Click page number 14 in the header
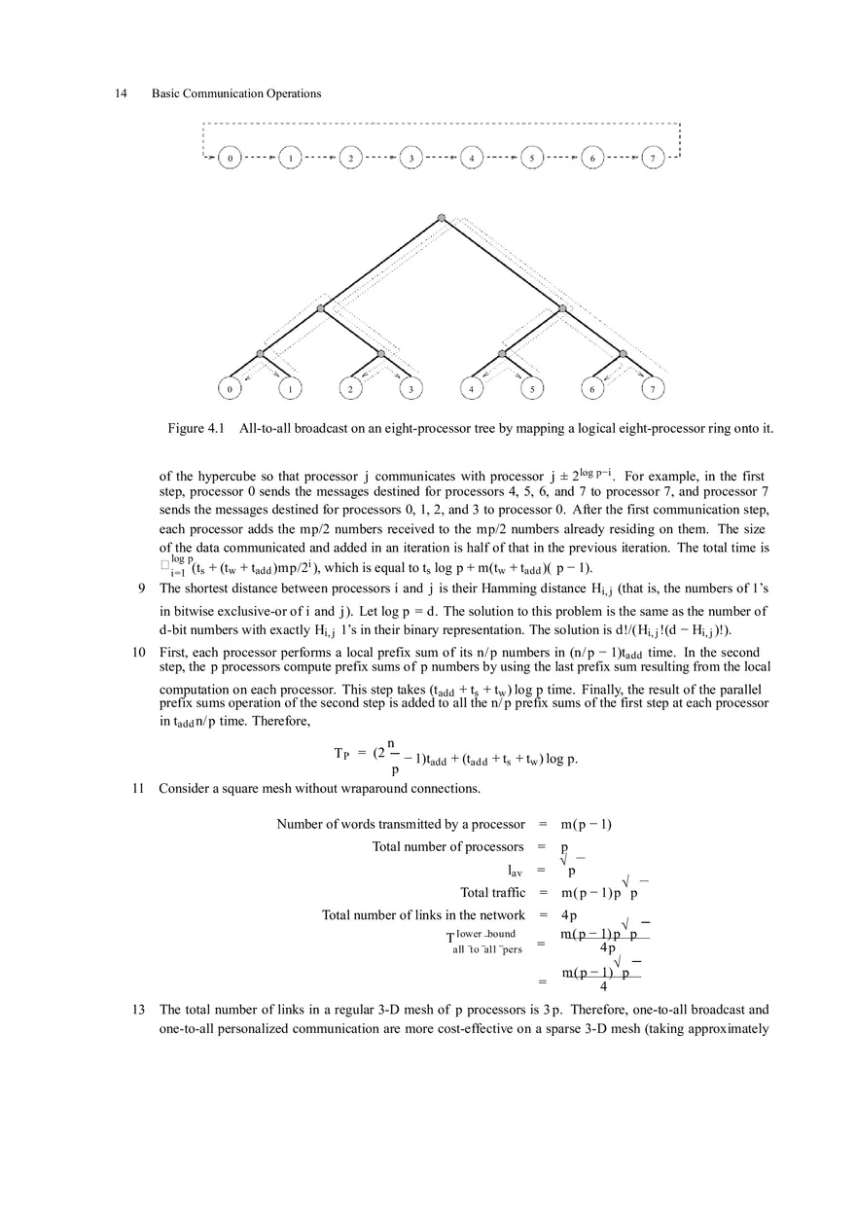tap(122, 93)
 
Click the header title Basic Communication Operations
tap(236, 93)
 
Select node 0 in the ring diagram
tap(230, 157)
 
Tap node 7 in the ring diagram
tap(654, 157)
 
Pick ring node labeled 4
tap(472, 157)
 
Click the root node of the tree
tap(442, 218)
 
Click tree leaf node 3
tap(411, 389)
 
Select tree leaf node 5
tap(532, 389)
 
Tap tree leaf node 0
tap(230, 389)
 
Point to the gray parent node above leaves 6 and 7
tap(623, 354)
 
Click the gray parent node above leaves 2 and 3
tap(381, 354)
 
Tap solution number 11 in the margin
tap(139, 789)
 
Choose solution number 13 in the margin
tap(139, 1010)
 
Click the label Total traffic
tap(492, 892)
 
